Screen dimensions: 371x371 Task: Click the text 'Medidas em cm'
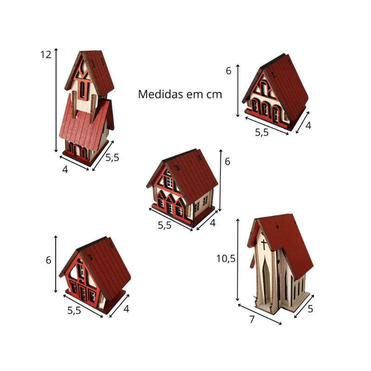[180, 94]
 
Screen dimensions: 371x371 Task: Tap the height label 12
[45, 55]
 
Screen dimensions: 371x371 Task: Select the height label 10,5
[226, 259]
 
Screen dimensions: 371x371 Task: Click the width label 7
[252, 320]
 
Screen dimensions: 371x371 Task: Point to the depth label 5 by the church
[310, 308]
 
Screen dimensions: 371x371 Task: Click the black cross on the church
[263, 244]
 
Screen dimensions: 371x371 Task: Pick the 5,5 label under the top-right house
[262, 133]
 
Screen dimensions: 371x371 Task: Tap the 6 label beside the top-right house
[228, 71]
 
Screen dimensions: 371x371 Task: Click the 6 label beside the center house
[227, 161]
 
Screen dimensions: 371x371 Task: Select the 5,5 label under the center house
[165, 225]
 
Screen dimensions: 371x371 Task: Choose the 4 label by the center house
[213, 223]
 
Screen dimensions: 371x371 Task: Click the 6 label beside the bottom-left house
[48, 260]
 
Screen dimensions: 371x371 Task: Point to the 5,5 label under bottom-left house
[74, 310]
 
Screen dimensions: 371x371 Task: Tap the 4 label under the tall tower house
[65, 169]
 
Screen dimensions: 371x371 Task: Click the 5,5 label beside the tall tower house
[112, 158]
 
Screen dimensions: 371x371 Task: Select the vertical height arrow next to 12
[56, 100]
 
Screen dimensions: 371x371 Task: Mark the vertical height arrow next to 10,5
[238, 260]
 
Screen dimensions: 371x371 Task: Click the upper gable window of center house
[169, 182]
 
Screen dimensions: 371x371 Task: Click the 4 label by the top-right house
[308, 125]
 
